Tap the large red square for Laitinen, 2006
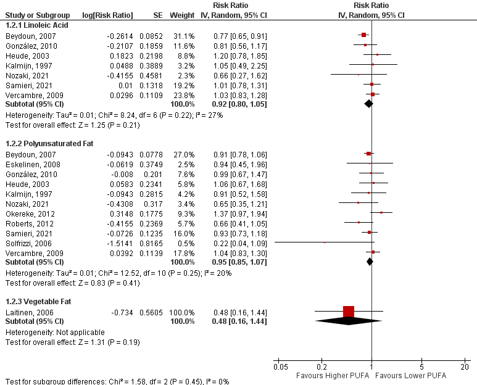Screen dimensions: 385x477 tap(349, 312)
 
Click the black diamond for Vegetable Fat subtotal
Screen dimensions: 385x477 tap(349, 321)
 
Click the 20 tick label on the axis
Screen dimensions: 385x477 tap(464, 366)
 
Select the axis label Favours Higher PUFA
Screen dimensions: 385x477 tap(333, 375)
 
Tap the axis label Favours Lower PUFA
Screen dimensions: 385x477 tap(410, 375)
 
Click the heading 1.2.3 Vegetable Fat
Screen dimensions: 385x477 tap(37, 302)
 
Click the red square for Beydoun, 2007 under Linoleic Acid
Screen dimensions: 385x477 tap(364, 35)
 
